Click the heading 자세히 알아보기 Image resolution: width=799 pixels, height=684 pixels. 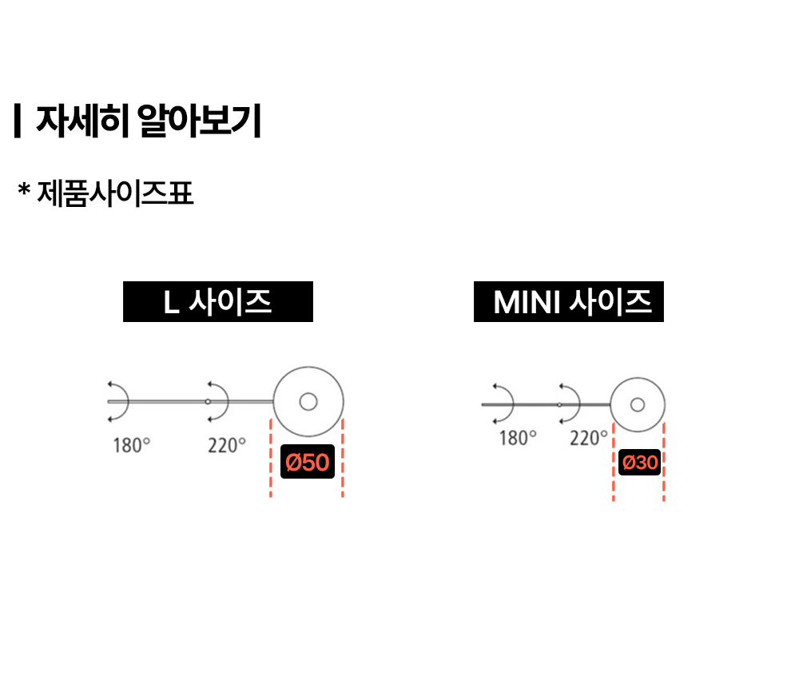pyautogui.click(x=149, y=121)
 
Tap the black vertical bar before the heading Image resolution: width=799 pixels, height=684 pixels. pyautogui.click(x=17, y=121)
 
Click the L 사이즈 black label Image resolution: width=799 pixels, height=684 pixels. pyautogui.click(x=217, y=302)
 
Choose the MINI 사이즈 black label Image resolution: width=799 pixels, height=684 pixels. pyautogui.click(x=568, y=303)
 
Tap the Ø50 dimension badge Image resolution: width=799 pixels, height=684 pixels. pyautogui.click(x=307, y=463)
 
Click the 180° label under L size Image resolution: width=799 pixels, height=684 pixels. pyautogui.click(x=131, y=445)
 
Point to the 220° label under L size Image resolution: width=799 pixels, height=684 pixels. pyautogui.click(x=227, y=445)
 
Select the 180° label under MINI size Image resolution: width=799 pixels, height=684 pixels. pyautogui.click(x=518, y=438)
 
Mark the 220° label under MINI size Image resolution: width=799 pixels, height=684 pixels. pyautogui.click(x=589, y=438)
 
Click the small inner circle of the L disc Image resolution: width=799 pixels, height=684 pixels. pyautogui.click(x=308, y=401)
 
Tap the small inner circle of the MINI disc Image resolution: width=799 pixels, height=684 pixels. pyautogui.click(x=637, y=404)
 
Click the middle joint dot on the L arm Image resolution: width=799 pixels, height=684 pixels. pyautogui.click(x=208, y=401)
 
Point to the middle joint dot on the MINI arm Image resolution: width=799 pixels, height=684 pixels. pyautogui.click(x=559, y=405)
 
